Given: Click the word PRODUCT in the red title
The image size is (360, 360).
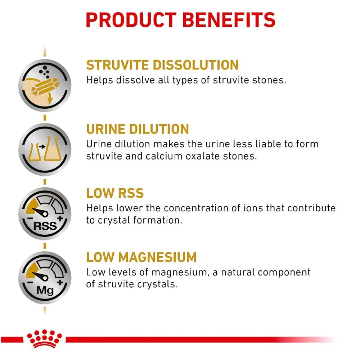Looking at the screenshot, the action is (x=131, y=20).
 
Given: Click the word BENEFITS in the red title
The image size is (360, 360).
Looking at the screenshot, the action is (x=229, y=20).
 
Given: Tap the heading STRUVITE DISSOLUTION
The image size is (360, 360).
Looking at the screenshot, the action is (x=162, y=65).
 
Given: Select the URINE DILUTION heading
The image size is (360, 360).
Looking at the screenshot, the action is (x=138, y=129).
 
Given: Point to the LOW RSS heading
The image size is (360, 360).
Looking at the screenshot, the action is (x=115, y=193).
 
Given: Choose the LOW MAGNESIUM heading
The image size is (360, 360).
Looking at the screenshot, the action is (x=141, y=257).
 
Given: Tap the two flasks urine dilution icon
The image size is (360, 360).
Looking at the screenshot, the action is (x=45, y=149).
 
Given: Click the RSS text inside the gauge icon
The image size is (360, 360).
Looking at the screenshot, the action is (x=45, y=226).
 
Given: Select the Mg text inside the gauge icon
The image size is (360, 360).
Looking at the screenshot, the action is (x=45, y=291).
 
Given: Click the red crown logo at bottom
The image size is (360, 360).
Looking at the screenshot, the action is (x=45, y=339).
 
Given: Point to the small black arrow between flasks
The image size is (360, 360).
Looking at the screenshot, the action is (x=42, y=147).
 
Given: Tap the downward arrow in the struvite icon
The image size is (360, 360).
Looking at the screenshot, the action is (x=50, y=98).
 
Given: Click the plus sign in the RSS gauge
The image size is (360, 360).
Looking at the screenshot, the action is (x=60, y=219).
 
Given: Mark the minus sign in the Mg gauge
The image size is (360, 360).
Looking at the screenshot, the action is (x=30, y=282).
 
